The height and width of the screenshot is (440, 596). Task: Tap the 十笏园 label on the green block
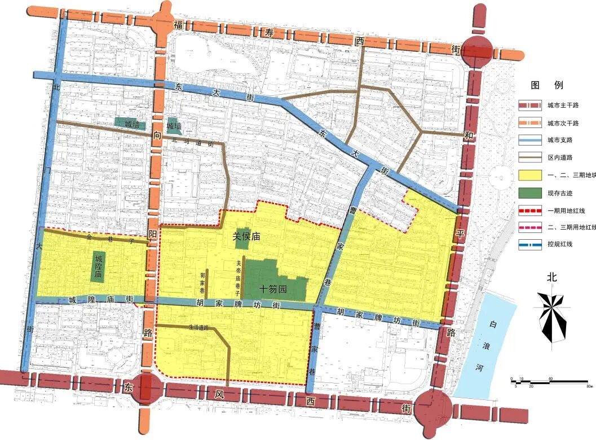click(x=273, y=288)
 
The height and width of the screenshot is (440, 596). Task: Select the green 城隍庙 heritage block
click(x=99, y=267)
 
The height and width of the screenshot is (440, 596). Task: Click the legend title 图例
click(x=546, y=85)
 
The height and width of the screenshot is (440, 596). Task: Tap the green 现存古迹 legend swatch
click(x=529, y=192)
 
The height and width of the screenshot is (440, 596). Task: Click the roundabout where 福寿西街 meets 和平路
click(x=476, y=52)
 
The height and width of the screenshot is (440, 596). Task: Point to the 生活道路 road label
click(x=198, y=327)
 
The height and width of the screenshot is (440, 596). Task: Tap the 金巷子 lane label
click(x=109, y=239)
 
